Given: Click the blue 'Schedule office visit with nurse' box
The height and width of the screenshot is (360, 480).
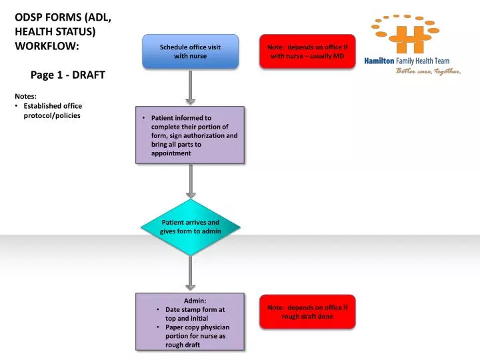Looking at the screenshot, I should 190,51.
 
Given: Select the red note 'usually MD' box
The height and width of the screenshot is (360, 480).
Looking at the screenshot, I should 307,51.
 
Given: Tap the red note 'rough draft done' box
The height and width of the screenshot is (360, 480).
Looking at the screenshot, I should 307,311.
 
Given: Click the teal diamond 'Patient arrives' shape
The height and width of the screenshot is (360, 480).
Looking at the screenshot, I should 190,227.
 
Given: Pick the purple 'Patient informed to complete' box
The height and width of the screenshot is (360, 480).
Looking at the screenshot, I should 190,135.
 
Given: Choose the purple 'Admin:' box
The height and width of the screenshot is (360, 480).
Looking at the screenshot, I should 190,322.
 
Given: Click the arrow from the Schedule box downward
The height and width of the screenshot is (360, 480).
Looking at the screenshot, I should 191,87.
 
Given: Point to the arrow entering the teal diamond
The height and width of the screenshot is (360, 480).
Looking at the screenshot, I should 191,181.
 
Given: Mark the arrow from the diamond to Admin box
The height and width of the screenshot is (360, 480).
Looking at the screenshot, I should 191,273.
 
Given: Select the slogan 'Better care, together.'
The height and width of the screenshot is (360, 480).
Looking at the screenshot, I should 429,71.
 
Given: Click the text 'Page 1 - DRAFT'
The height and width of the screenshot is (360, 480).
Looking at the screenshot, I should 68,75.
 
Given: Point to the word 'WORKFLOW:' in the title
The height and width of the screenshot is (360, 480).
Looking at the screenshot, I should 47,47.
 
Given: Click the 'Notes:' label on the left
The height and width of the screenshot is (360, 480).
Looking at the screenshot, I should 27,96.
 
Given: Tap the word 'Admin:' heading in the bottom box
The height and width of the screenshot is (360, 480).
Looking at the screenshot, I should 190,301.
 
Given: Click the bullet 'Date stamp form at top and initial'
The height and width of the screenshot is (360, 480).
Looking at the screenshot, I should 195,314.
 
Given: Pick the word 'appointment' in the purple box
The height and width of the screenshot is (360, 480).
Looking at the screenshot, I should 171,153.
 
